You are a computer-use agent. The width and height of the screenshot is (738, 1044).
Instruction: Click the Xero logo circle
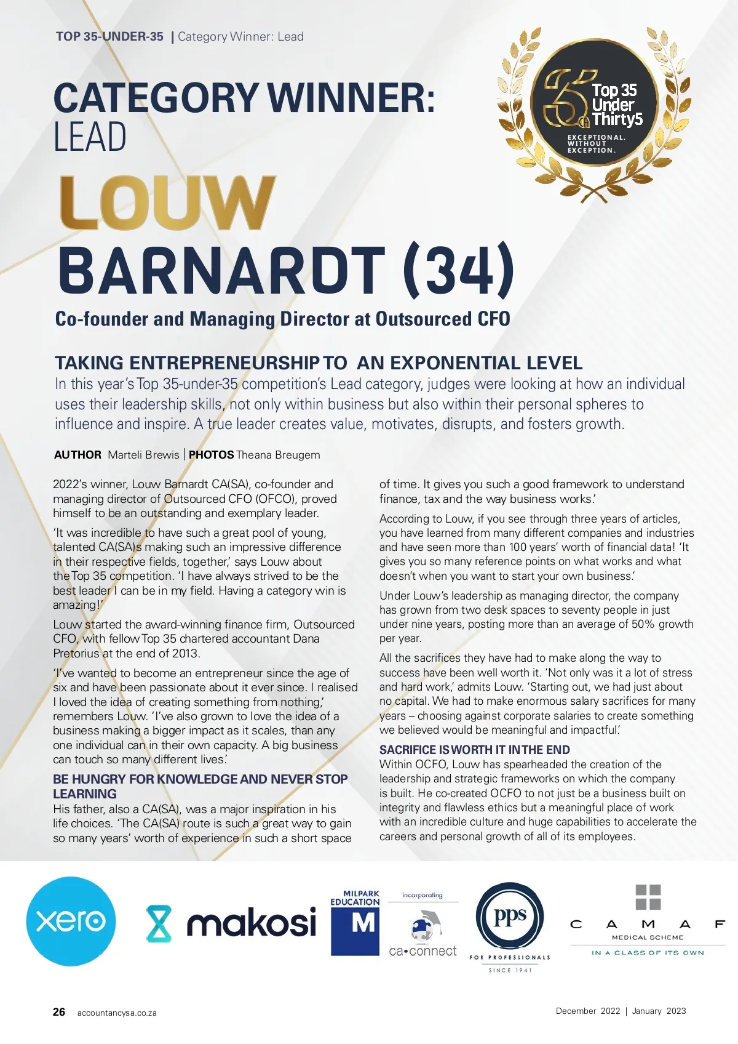71,921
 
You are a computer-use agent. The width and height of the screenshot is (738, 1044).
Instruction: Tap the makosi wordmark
251,922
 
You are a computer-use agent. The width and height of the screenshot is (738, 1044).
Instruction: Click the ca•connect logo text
423,951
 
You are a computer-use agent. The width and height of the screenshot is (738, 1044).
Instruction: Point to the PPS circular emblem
510,917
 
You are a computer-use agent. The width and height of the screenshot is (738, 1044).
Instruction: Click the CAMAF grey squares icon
648,897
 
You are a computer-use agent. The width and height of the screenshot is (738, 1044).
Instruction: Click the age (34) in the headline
459,270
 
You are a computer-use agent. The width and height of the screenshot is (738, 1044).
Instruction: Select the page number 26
59,1012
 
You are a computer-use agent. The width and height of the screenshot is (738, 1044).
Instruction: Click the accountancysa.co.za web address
117,1013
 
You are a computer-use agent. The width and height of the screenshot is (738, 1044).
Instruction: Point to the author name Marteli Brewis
143,455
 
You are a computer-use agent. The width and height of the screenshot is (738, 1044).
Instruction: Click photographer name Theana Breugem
278,455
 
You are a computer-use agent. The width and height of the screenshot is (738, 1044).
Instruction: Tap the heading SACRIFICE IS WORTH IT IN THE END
474,750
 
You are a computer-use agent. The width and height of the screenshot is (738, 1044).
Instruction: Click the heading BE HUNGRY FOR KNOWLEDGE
200,779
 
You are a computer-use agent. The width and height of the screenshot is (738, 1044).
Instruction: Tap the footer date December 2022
588,1011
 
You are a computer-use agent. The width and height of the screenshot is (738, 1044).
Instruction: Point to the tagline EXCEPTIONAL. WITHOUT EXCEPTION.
595,144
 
